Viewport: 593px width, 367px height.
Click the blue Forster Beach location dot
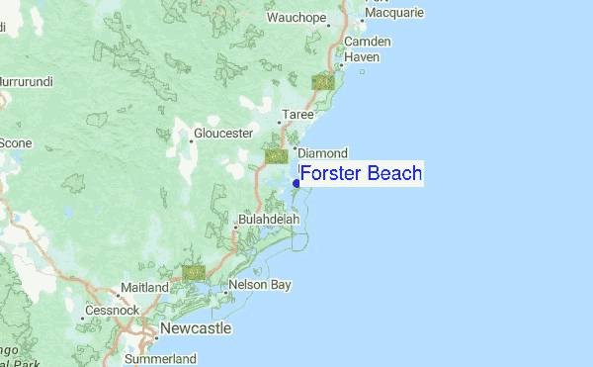pos(296,183)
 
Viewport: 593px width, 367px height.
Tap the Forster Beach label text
pos(361,174)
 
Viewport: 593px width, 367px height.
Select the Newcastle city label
pos(197,327)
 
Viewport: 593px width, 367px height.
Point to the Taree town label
pos(298,116)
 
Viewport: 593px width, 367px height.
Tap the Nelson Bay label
pos(260,285)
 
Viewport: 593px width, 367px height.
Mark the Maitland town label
pos(144,287)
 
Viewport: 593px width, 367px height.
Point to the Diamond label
pos(322,153)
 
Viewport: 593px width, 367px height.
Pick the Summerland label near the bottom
pos(161,358)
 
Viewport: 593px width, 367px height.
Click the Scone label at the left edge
pos(15,142)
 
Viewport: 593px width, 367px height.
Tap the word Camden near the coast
pos(368,42)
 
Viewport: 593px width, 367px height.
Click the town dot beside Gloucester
pos(192,141)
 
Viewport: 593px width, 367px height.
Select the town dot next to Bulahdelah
pos(235,228)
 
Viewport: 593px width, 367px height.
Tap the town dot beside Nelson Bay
pos(225,293)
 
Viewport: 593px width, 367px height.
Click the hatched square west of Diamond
pos(277,155)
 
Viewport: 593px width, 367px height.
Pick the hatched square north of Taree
pos(322,82)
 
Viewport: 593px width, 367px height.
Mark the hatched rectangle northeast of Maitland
pos(193,272)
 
